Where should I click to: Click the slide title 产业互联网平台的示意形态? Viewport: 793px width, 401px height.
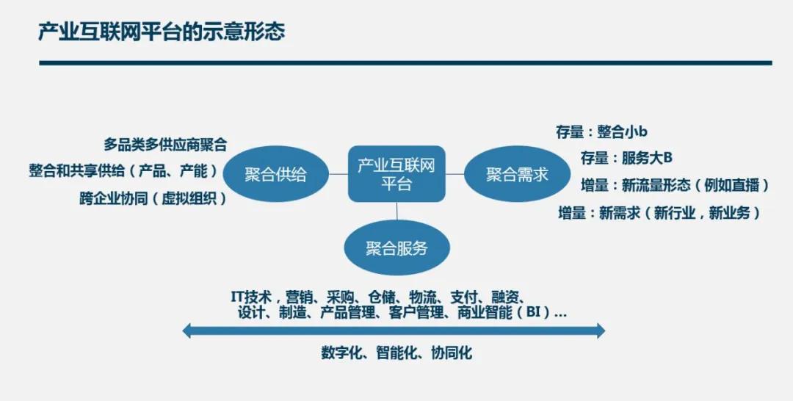click(162, 32)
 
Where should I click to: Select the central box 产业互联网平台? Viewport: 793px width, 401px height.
click(396, 174)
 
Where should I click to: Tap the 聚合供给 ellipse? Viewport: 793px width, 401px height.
click(275, 175)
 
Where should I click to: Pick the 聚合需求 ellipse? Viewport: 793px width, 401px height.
click(517, 175)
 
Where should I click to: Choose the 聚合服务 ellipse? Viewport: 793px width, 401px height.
click(396, 248)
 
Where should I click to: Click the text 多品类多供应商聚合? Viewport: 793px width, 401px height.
click(165, 145)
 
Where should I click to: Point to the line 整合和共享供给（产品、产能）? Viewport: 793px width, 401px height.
click(123, 171)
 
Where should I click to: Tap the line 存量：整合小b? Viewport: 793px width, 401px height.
click(602, 132)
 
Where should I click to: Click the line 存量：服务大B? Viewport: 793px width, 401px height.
click(626, 158)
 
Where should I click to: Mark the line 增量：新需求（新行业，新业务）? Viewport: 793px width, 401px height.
click(659, 213)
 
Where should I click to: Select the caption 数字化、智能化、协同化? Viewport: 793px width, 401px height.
click(396, 353)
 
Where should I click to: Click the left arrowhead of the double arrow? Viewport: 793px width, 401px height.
click(187, 331)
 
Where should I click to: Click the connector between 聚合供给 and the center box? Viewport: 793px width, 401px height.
click(338, 174)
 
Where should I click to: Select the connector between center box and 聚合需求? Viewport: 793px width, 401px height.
click(455, 174)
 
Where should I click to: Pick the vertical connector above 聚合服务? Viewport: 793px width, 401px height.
click(396, 212)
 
